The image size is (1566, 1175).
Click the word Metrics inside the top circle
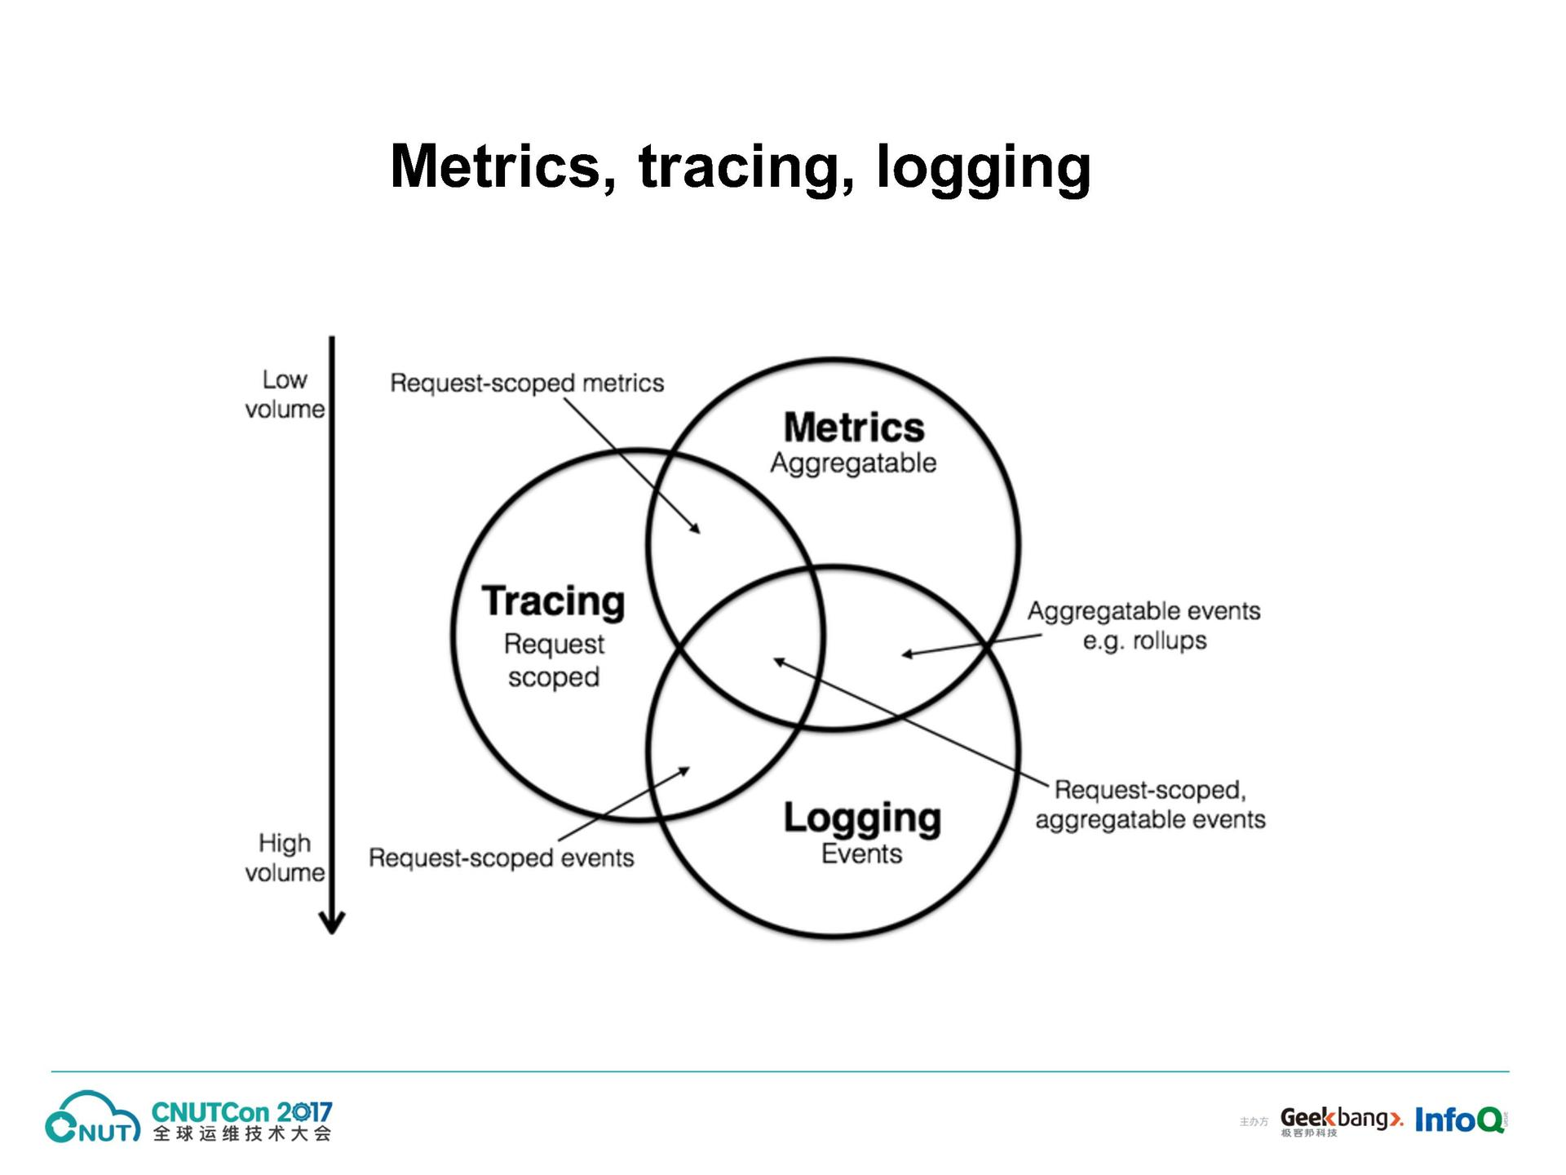coord(853,428)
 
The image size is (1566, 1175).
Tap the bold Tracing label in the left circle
coord(553,601)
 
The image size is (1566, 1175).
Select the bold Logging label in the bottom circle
coord(862,818)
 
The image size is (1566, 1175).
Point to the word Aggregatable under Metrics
coord(853,463)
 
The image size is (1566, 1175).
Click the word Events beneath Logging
coord(861,854)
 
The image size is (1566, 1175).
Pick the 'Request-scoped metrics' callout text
coord(527,383)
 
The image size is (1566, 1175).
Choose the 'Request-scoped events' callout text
coord(501,858)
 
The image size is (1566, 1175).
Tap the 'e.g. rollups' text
coord(1144,641)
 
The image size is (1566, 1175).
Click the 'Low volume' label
coord(285,394)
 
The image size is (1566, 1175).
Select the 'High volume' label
coord(285,858)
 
